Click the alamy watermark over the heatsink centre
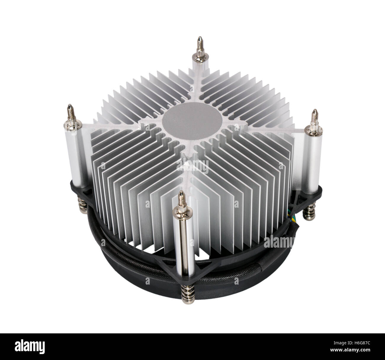pos(192,166)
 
